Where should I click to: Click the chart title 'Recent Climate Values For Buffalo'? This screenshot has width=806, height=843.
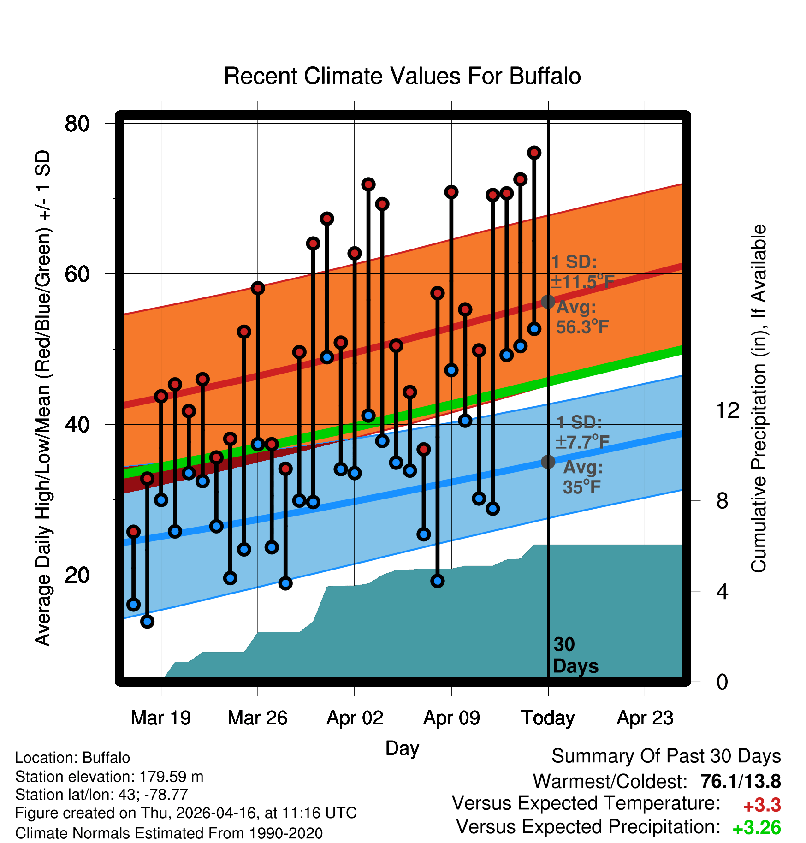point(402,76)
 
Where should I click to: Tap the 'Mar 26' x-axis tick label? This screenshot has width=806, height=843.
point(257,718)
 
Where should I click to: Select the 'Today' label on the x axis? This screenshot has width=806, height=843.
point(548,718)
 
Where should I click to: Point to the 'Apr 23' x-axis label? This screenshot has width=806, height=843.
point(645,718)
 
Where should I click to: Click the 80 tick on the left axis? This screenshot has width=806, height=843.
point(77,123)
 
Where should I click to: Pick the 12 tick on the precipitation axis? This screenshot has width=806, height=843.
point(728,410)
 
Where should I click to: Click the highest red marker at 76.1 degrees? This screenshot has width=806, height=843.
point(534,153)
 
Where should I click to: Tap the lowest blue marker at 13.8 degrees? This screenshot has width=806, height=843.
point(147,622)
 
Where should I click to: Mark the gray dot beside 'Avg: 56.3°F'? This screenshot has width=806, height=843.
point(548,302)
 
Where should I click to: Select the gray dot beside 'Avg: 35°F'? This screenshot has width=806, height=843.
point(548,462)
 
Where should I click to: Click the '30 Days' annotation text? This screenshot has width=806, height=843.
point(575,655)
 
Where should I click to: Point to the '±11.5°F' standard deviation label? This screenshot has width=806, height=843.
point(582,282)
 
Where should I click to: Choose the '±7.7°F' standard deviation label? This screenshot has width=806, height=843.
point(582,442)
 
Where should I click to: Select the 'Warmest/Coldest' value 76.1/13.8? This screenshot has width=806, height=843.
point(741,781)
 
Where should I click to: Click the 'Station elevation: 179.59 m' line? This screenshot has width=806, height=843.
point(109,777)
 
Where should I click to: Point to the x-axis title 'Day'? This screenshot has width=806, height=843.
point(402,748)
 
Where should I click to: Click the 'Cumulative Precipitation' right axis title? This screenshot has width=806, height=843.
point(758,399)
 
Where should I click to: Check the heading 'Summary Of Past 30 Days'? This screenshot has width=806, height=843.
point(666,756)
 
